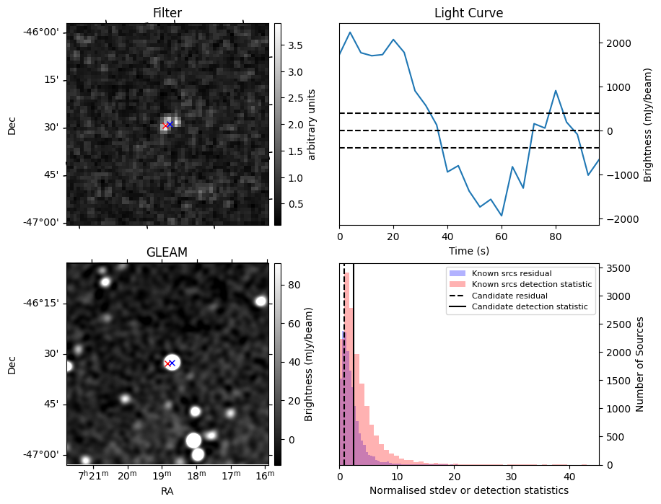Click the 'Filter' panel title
(167, 13)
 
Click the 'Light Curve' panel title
(468, 13)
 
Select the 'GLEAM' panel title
(167, 252)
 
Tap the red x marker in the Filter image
(166, 125)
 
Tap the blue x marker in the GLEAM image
(172, 363)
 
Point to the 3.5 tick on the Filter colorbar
(295, 45)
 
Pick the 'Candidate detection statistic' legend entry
(530, 307)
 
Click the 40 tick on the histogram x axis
(569, 476)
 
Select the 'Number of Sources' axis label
(640, 363)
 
